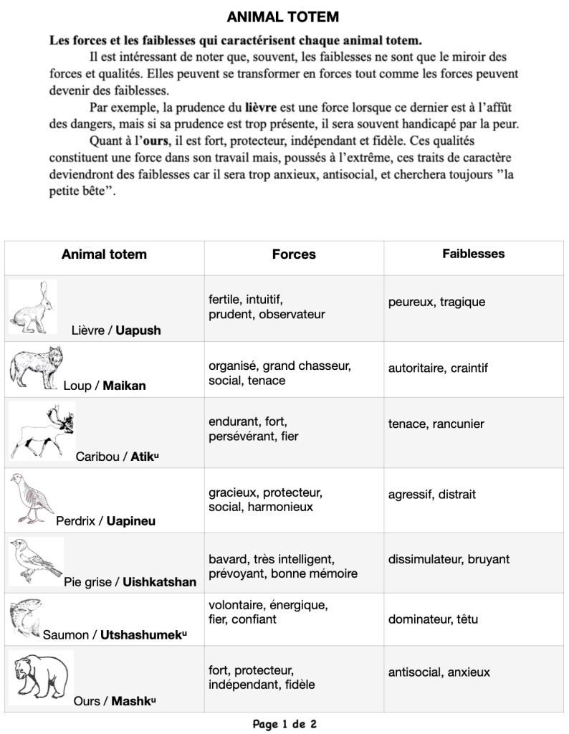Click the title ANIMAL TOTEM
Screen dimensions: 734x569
pyautogui.click(x=283, y=16)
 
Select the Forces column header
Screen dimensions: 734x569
pyautogui.click(x=294, y=254)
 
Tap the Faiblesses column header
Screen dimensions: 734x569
pyautogui.click(x=473, y=254)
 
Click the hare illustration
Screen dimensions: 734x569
pyautogui.click(x=33, y=307)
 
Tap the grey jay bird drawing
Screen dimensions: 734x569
pyautogui.click(x=36, y=561)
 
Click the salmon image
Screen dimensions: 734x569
pyautogui.click(x=25, y=617)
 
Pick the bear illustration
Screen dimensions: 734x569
pyautogui.click(x=41, y=677)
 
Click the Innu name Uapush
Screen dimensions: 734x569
pyautogui.click(x=138, y=330)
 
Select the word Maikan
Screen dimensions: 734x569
pyautogui.click(x=124, y=386)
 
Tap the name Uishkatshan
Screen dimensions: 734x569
pyautogui.click(x=159, y=582)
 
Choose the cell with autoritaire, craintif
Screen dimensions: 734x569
pyautogui.click(x=438, y=368)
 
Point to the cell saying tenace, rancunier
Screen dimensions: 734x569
pyautogui.click(x=436, y=424)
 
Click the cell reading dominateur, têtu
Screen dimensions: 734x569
pyautogui.click(x=433, y=619)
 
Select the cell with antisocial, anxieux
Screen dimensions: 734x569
pyautogui.click(x=439, y=672)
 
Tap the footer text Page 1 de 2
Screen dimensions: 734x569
pyautogui.click(x=284, y=724)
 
